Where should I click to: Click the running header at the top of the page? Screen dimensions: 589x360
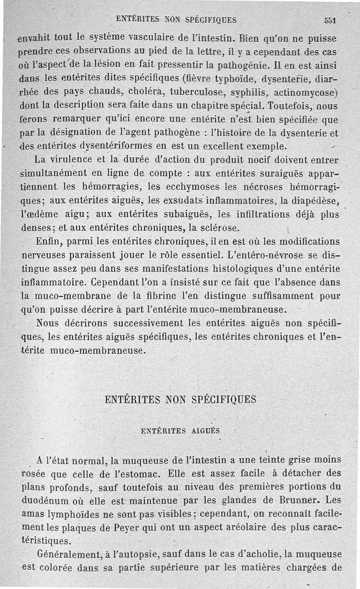176,19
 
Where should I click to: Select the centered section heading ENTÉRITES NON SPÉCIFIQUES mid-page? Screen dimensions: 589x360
180,399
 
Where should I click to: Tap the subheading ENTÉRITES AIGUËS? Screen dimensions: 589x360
180,430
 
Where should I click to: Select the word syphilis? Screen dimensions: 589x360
249,93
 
